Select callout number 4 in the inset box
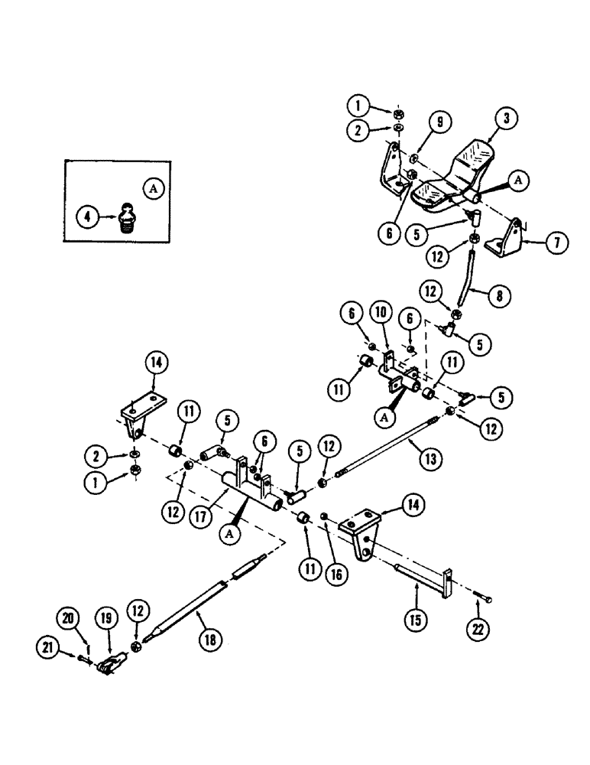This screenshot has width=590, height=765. tap(89, 217)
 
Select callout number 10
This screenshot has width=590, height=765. tap(380, 314)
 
